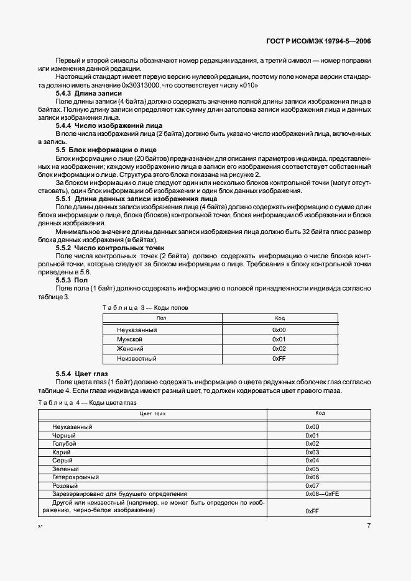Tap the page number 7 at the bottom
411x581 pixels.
click(x=369, y=525)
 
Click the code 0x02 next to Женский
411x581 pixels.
click(x=279, y=349)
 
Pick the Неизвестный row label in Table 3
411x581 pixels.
click(x=136, y=359)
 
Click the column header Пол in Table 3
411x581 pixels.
click(x=162, y=318)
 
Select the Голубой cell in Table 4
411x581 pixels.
click(x=65, y=444)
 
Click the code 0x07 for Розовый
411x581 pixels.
click(x=312, y=485)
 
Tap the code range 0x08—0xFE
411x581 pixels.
click(x=322, y=493)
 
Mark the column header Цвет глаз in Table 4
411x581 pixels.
click(x=152, y=413)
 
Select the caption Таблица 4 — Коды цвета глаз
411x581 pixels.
click(x=87, y=403)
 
